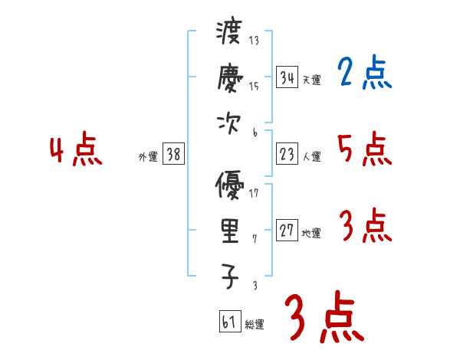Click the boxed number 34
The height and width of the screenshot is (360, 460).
coord(287,77)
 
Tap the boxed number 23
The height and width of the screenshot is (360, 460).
coord(287,154)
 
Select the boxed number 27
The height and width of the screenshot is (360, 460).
coord(287,231)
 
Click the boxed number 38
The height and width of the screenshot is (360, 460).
coord(173,154)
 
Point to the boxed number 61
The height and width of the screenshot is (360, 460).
coord(228,321)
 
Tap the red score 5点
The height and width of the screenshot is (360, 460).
coord(364,149)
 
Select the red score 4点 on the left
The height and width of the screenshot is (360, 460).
coord(76,150)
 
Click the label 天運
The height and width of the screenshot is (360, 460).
coord(311,80)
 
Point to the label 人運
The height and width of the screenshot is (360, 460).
coord(311,157)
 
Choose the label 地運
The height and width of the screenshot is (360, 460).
coord(311,234)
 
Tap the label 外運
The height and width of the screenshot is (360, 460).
coord(148,157)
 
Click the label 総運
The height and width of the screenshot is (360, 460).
coord(255,325)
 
